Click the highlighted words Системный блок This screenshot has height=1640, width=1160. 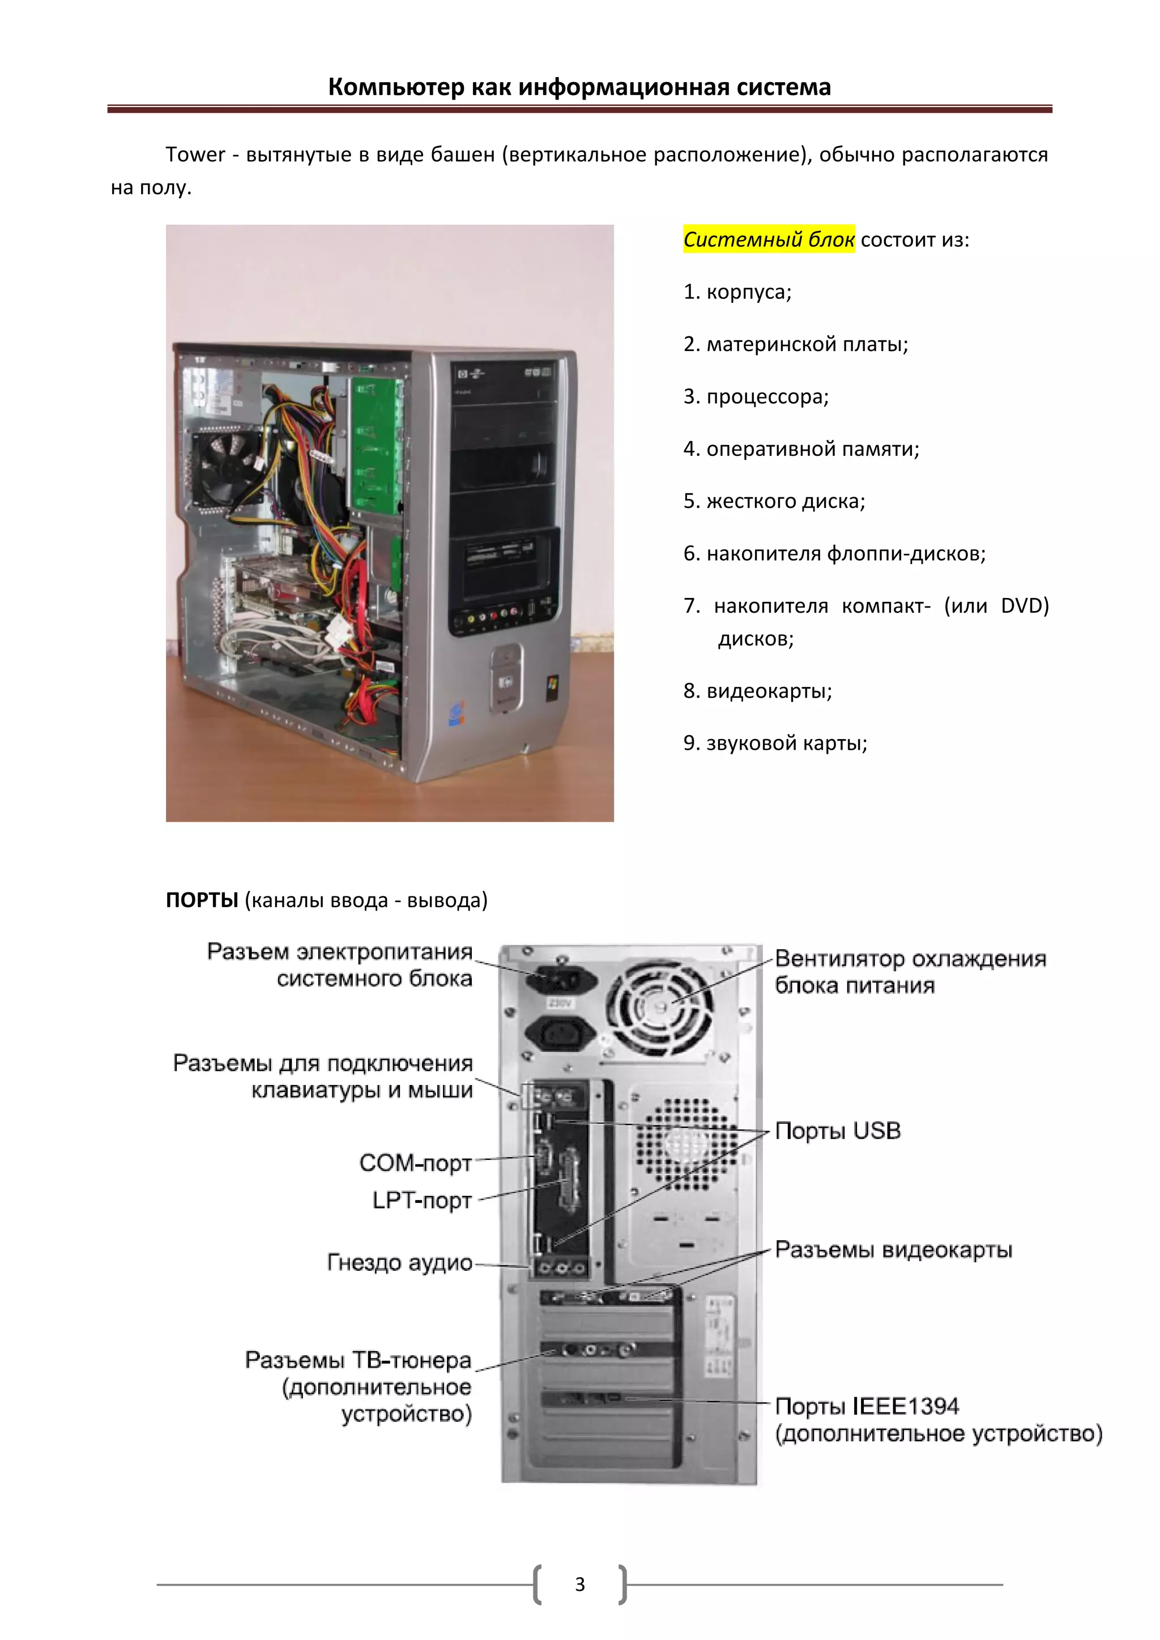[769, 240]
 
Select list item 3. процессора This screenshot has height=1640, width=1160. [756, 396]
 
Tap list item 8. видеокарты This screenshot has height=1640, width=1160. [757, 691]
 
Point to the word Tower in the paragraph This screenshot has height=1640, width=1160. [195, 154]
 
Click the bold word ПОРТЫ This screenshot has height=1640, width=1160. [202, 900]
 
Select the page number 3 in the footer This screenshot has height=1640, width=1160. [580, 1585]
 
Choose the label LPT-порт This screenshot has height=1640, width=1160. [421, 1200]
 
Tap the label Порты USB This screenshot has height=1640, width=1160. [837, 1131]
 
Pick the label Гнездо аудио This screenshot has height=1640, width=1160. [399, 1262]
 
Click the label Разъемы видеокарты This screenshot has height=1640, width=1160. [893, 1249]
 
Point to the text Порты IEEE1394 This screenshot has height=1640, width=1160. [867, 1406]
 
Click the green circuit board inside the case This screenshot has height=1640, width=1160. [375, 443]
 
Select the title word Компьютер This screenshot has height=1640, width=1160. [396, 87]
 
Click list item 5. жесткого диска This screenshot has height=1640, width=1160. [774, 501]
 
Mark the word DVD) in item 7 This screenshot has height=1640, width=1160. [1024, 606]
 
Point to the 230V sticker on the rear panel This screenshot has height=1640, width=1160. [559, 1003]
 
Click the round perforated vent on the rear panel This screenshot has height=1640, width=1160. [686, 1143]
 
